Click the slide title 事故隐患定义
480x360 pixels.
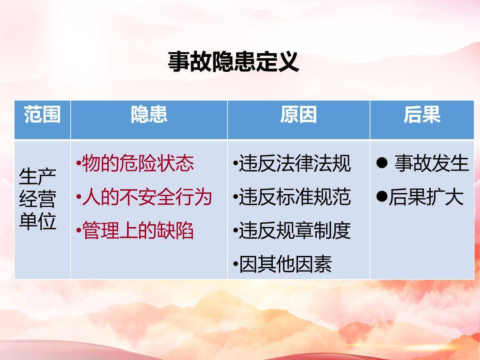click(233, 61)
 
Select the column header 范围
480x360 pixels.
click(42, 114)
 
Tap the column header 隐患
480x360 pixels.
click(149, 114)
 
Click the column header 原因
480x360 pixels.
click(299, 114)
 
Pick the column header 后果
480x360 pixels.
click(422, 114)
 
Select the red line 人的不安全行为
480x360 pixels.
click(147, 197)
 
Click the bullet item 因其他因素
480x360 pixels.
click(285, 264)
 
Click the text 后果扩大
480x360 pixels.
click(426, 197)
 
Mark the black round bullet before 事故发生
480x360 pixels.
click(381, 162)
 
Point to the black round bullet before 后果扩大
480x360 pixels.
click(381, 196)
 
